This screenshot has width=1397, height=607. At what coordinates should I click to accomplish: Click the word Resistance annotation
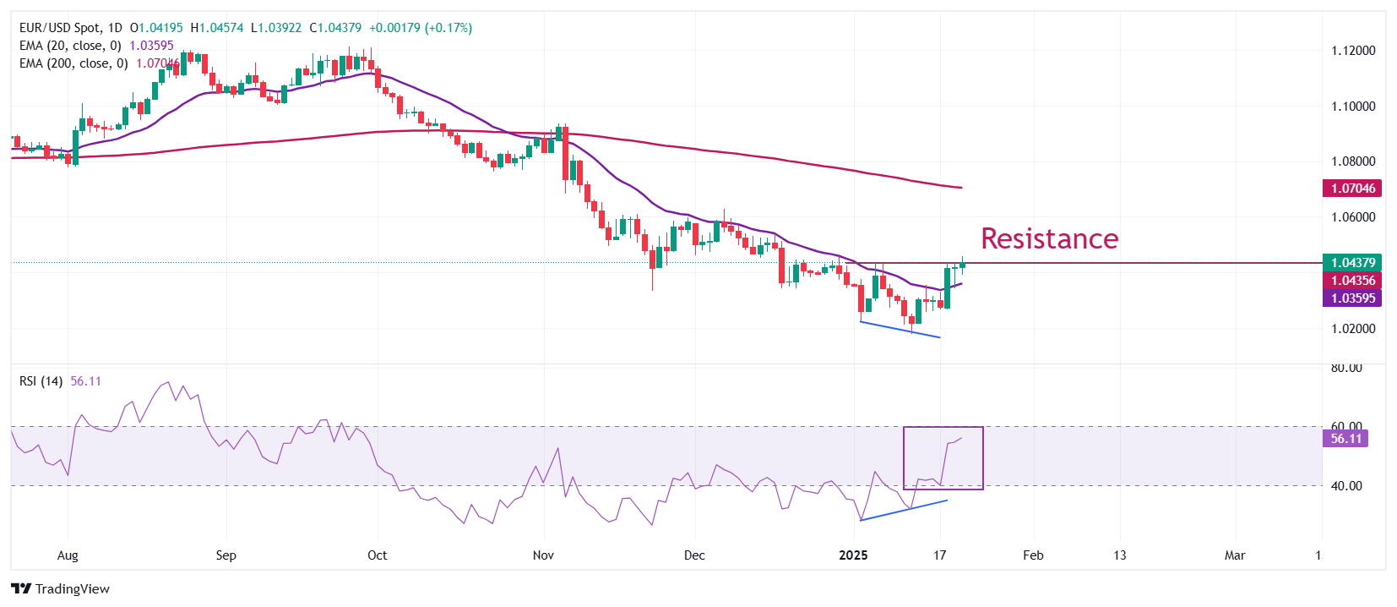[x=1049, y=238]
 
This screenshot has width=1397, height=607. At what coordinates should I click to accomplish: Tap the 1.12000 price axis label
[x=1353, y=51]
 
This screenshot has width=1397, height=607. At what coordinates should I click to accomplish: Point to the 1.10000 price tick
[x=1353, y=107]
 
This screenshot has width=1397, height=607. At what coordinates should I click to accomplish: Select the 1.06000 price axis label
[x=1353, y=217]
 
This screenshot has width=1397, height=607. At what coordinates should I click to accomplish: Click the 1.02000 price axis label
[x=1353, y=329]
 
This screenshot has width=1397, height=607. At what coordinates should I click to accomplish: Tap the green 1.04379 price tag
[x=1352, y=263]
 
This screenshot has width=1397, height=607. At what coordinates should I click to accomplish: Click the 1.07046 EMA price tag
[x=1352, y=189]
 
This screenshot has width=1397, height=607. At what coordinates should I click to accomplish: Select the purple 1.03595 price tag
[x=1352, y=298]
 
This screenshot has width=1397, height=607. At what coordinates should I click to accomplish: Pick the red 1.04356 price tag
[x=1352, y=281]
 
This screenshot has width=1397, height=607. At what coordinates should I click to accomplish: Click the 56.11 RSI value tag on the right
[x=1345, y=439]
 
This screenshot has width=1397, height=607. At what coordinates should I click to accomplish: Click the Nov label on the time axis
[x=544, y=555]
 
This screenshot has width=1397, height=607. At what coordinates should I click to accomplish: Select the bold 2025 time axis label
[x=853, y=555]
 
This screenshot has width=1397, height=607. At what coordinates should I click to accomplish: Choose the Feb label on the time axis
[x=1033, y=555]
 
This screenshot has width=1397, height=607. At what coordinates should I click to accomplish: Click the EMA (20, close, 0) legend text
[x=70, y=46]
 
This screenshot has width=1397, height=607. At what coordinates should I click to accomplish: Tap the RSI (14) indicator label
[x=41, y=381]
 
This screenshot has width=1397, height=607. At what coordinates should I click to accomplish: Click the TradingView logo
[x=61, y=589]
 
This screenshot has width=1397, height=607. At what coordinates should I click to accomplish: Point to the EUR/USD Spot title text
[x=62, y=28]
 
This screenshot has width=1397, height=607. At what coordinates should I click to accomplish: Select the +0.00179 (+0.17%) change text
[x=421, y=28]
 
